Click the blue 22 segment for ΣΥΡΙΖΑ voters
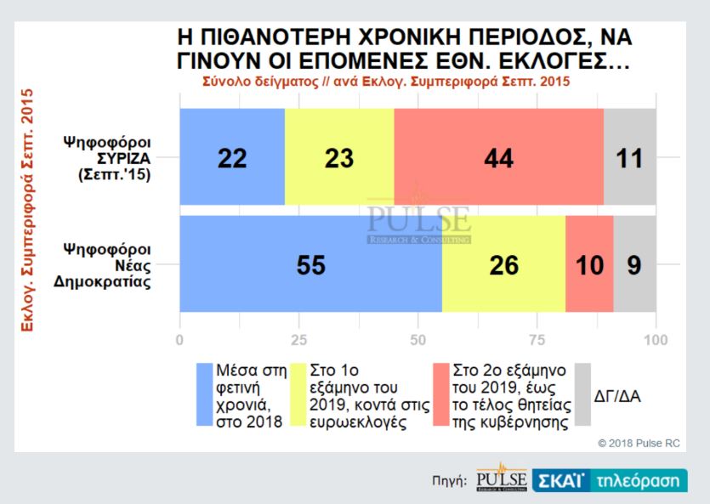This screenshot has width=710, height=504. pos(231,157)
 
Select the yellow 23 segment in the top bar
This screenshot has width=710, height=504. pos(339,157)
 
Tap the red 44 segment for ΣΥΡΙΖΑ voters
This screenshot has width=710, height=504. pos(498,157)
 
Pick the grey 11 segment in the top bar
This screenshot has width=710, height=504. pos(629,157)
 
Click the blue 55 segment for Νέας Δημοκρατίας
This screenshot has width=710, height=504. pos(310,264)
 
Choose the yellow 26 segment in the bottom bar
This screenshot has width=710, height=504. pos(503,264)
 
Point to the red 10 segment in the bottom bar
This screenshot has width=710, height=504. pos(588,264)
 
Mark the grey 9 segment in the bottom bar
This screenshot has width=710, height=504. pos(634,264)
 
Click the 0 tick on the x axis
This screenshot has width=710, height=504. pos(179,340)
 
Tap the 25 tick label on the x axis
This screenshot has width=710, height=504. pos(298,340)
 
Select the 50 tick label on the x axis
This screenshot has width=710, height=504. pos(417,340)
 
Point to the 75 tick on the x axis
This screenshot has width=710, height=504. pos(537,340)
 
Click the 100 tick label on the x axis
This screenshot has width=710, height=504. pos(656,340)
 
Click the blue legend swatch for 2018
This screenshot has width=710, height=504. pos(205,395)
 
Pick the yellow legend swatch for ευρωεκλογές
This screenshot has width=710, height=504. pos(298,395)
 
